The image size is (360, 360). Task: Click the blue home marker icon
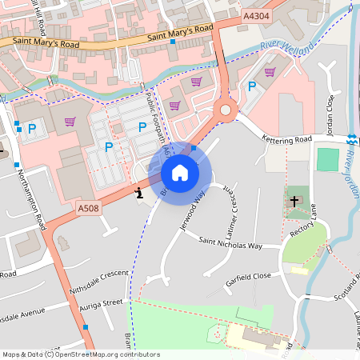(x=180, y=172)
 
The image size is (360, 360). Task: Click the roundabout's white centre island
(x=226, y=110)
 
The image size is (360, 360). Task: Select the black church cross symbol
(x=294, y=201)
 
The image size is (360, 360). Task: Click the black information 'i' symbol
(x=140, y=191)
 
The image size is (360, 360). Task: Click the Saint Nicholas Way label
(x=230, y=244)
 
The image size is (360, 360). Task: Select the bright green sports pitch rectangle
(x=328, y=159)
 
